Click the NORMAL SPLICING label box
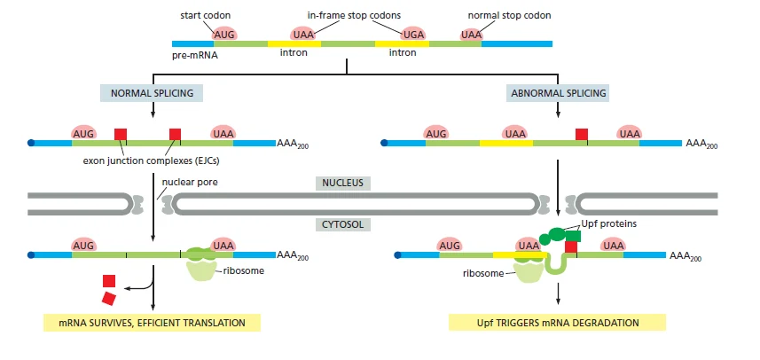click(152, 92)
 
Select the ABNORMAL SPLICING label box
click(559, 92)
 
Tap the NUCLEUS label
click(342, 183)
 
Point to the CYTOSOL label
click(342, 224)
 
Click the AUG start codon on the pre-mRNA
click(224, 35)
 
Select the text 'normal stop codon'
click(509, 15)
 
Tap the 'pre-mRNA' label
click(195, 55)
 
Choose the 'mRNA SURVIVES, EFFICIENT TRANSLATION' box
click(153, 323)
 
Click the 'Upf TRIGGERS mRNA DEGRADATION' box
click(558, 323)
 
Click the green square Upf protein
click(573, 236)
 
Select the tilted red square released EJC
click(109, 299)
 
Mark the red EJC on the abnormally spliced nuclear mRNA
click(582, 134)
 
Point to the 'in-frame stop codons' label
click(355, 15)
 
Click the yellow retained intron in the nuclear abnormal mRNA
click(506, 143)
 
